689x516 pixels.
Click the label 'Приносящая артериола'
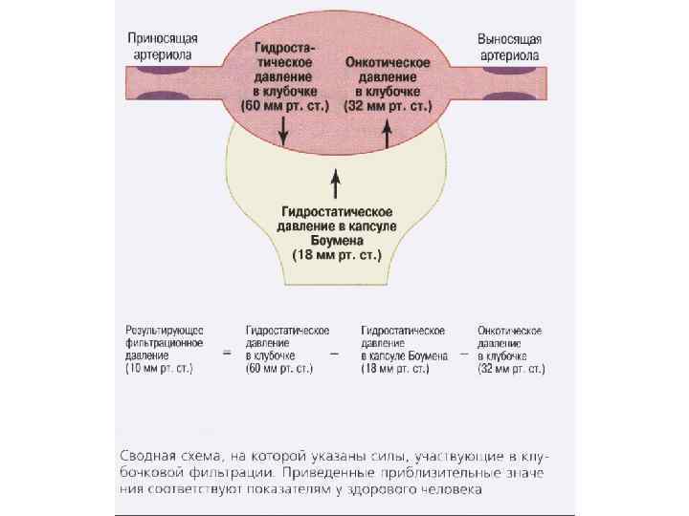[x=164, y=46]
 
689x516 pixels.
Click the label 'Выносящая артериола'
[x=511, y=46]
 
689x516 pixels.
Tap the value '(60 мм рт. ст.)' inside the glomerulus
[x=285, y=102]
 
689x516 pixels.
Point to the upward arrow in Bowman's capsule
[x=335, y=182]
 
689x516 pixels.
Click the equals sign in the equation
[x=227, y=352]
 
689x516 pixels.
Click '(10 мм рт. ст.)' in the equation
[x=159, y=367]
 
